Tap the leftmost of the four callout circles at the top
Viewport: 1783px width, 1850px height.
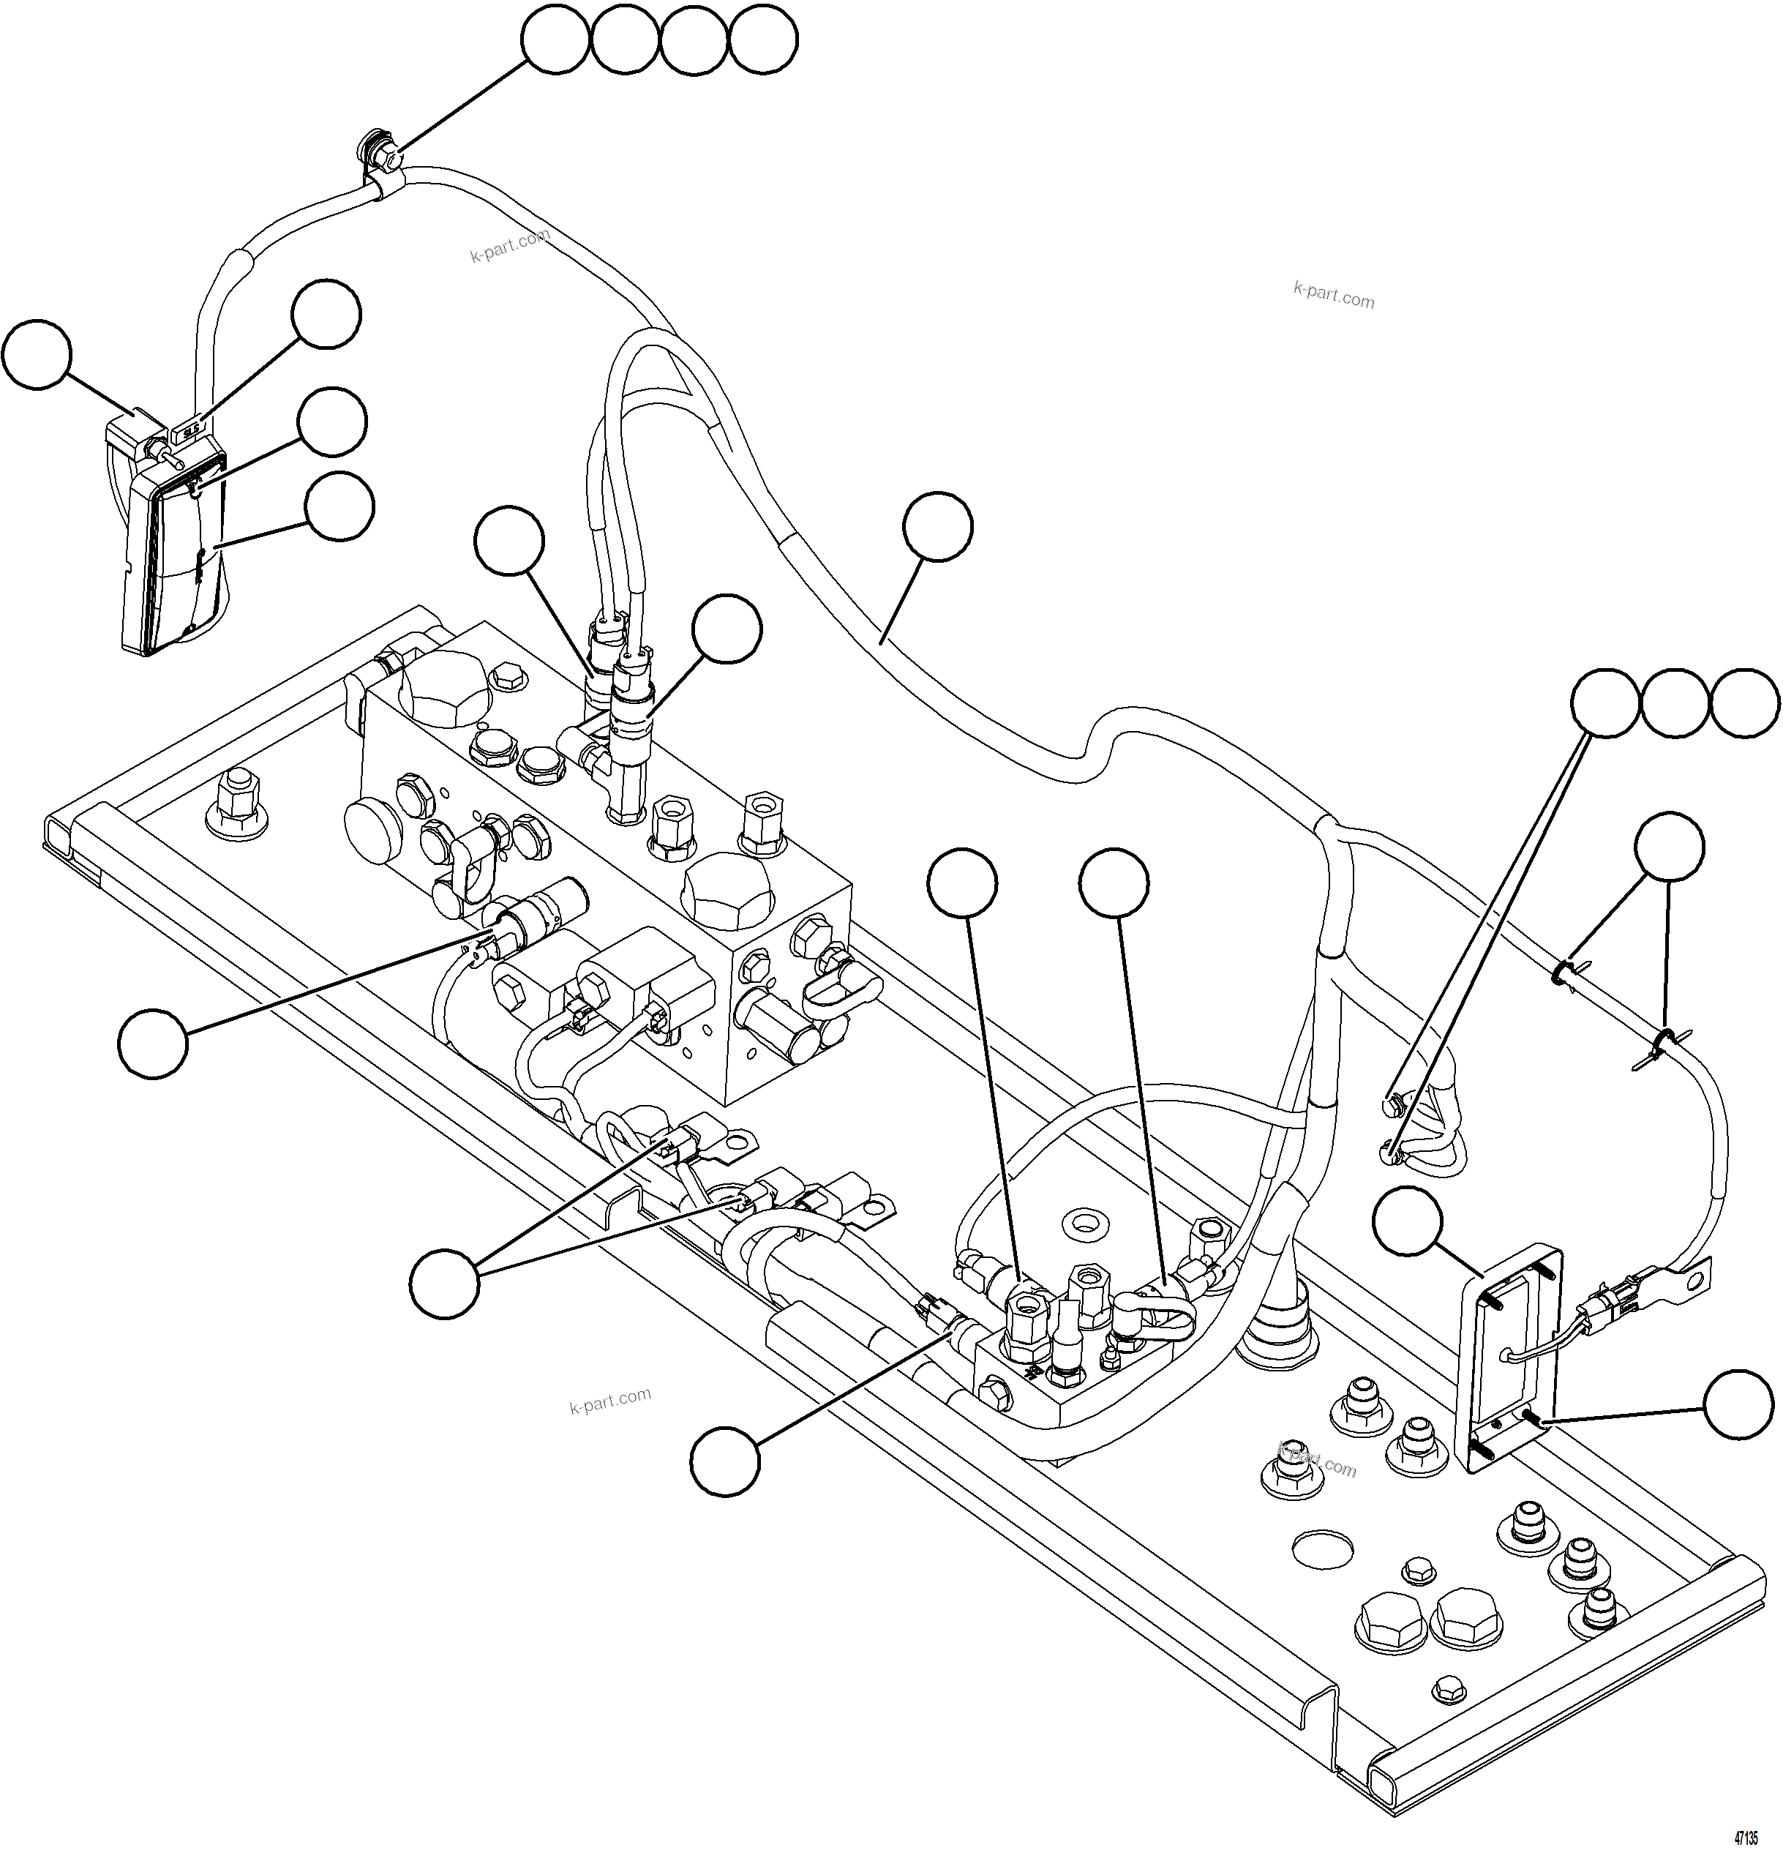pos(555,40)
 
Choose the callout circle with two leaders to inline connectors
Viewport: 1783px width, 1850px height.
pos(445,1283)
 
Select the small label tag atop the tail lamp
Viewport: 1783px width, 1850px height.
pos(189,430)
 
